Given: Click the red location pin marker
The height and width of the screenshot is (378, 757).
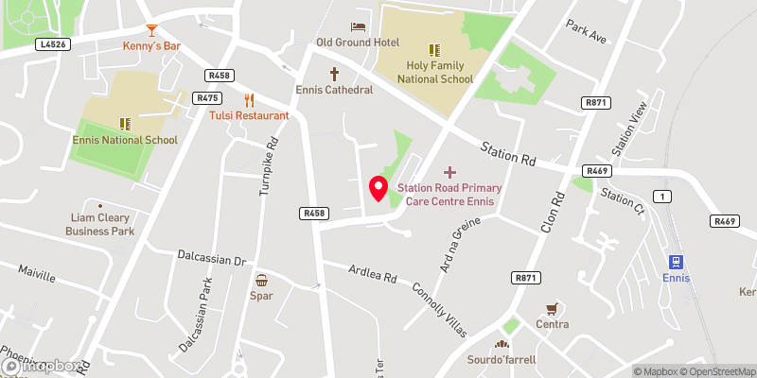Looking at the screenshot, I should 378,188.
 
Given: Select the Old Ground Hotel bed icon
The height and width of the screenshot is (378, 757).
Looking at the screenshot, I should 359,26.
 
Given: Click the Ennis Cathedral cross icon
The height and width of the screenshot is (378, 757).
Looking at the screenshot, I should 333,74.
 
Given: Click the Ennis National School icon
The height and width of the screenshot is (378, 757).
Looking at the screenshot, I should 125,124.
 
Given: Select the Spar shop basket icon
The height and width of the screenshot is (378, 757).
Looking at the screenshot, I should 261,280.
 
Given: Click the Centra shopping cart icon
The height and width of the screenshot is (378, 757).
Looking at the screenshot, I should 551,308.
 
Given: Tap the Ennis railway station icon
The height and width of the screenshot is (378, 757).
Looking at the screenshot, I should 677,261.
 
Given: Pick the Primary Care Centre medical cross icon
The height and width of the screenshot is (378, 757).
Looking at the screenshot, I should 449,172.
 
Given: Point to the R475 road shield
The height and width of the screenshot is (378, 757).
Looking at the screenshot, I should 206,97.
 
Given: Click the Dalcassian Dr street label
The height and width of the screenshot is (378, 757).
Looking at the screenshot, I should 212,258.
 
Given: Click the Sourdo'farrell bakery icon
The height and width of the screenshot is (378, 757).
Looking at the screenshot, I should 501,344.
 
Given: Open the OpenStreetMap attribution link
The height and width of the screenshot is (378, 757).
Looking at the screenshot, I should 716,371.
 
